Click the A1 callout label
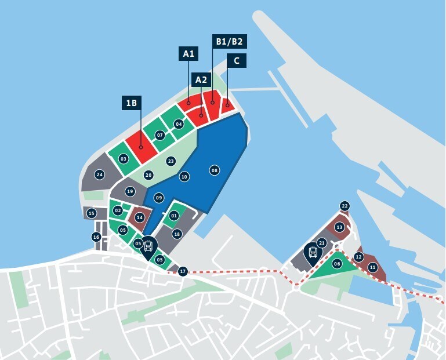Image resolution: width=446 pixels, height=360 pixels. [x=188, y=54]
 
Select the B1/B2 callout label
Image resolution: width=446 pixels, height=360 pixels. [x=229, y=42]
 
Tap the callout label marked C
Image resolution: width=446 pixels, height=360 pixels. [x=236, y=60]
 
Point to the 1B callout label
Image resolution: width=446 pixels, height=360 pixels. [x=132, y=103]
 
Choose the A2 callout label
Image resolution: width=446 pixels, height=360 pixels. [x=201, y=79]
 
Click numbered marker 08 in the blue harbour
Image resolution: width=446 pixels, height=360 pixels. [x=215, y=170]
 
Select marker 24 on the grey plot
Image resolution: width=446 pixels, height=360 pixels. [x=100, y=174]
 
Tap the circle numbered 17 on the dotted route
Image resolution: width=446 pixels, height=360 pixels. [x=183, y=271]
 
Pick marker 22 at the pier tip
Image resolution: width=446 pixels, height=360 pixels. [x=345, y=206]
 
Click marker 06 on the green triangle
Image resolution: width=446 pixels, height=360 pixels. [x=337, y=264]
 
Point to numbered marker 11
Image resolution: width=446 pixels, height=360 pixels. [x=372, y=267]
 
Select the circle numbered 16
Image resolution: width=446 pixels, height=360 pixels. [x=96, y=237]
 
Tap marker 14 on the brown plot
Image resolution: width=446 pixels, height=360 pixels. [x=139, y=217]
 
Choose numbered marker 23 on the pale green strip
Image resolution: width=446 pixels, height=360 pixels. [x=171, y=161]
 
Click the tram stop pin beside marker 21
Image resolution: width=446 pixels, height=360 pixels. [x=313, y=253]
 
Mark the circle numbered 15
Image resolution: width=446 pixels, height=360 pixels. [x=91, y=213]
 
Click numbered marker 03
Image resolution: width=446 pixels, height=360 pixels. [x=123, y=158]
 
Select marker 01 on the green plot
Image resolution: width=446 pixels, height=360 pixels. [x=173, y=216]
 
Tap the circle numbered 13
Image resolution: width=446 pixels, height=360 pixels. [x=339, y=227]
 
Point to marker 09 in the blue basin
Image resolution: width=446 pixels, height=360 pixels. [x=159, y=198]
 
